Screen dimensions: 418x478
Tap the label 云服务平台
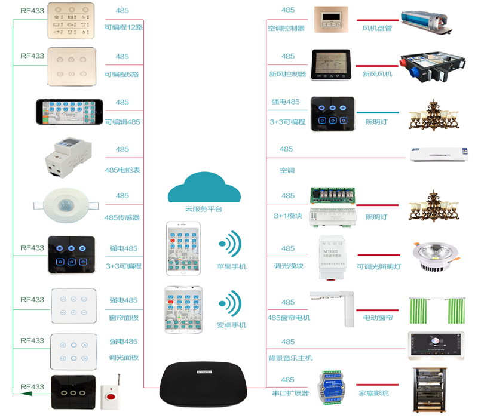pyautogui.click(x=204, y=209)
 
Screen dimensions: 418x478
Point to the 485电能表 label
pyautogui.click(x=122, y=170)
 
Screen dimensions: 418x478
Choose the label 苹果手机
pyautogui.click(x=231, y=266)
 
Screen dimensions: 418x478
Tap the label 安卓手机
pyautogui.click(x=231, y=325)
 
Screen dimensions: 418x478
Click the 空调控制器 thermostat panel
pyautogui.click(x=327, y=19)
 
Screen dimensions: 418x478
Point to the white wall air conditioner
pyautogui.click(x=437, y=154)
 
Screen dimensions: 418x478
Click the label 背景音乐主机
pyautogui.click(x=290, y=358)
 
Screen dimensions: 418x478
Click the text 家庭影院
pyautogui.click(x=373, y=393)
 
